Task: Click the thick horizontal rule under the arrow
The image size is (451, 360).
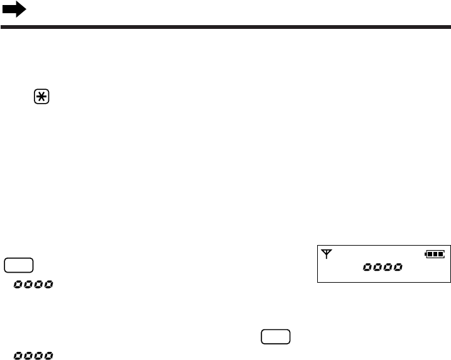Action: (x=225, y=28)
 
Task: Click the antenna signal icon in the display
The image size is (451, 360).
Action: (x=326, y=254)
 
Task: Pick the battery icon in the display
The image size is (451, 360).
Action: (x=434, y=254)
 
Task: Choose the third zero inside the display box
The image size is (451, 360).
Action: (x=388, y=268)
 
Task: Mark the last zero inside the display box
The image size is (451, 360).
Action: (x=398, y=268)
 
